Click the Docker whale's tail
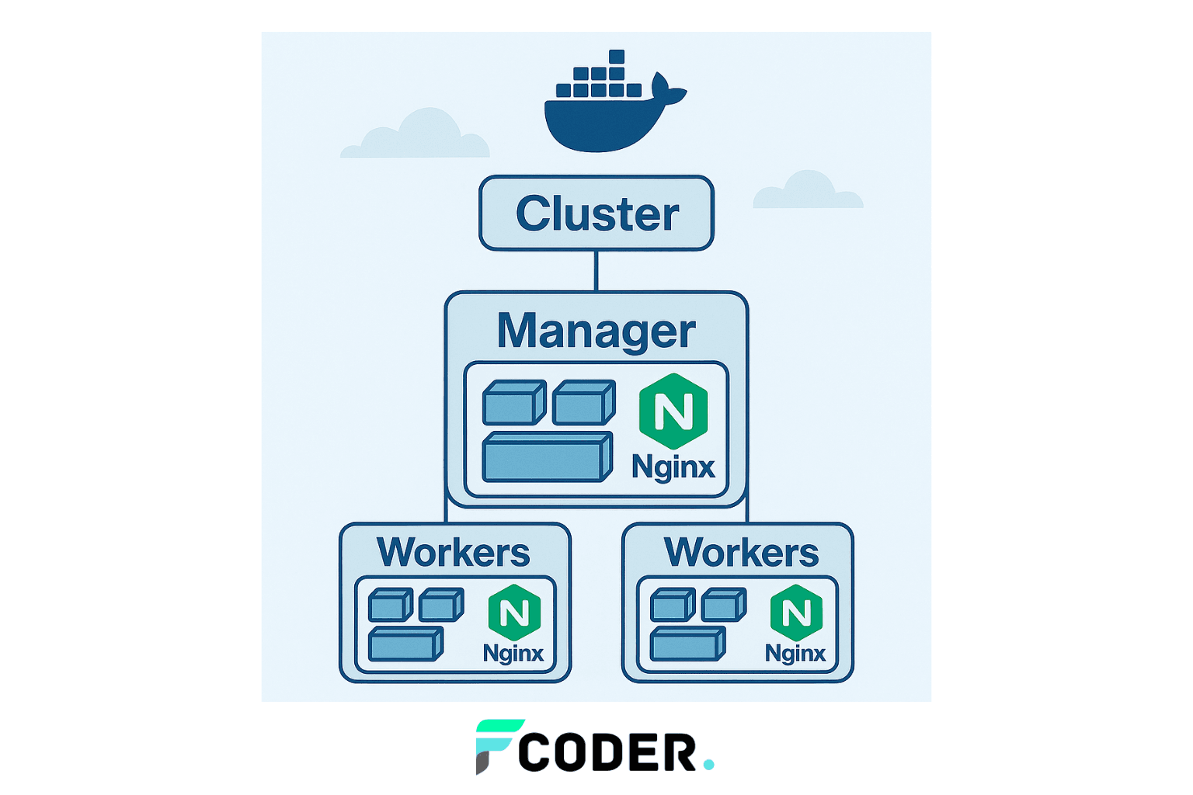[667, 91]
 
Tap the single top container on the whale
[616, 57]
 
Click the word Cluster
[597, 213]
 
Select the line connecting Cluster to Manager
[596, 270]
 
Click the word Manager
[596, 331]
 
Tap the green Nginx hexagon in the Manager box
[673, 411]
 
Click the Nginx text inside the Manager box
[673, 467]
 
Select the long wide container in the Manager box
[548, 457]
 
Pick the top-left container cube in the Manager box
[514, 402]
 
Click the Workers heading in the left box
[454, 552]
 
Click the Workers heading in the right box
[741, 552]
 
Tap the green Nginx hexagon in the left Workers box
[514, 613]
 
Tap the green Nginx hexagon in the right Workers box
[796, 613]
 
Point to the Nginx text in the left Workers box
[513, 653]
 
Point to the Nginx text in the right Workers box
[795, 653]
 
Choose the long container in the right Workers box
[688, 644]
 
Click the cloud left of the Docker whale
[415, 134]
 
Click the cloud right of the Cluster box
[808, 190]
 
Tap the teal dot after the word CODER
[708, 765]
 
